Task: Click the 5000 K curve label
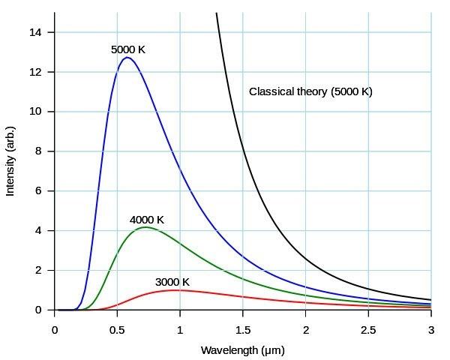click(127, 50)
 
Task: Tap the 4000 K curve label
click(146, 220)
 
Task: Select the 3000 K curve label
click(172, 283)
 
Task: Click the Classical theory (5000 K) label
click(310, 92)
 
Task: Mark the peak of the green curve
click(145, 227)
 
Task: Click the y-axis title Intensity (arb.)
click(10, 162)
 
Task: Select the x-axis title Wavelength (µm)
click(242, 350)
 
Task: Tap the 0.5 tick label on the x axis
click(117, 330)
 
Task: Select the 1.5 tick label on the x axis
click(242, 330)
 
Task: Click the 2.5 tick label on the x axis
click(367, 330)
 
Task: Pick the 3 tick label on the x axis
click(430, 330)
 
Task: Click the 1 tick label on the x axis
click(180, 330)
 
